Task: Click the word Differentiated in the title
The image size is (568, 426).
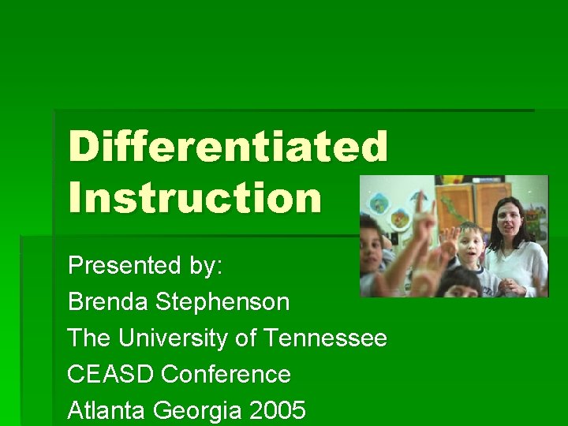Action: pos(228,147)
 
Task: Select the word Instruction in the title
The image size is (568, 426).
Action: pos(195,197)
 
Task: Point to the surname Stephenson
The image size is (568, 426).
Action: pos(222,301)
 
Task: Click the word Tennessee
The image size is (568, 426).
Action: pos(325,338)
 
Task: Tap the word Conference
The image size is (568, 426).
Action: pos(226,374)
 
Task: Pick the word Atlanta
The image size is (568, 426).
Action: pos(106,411)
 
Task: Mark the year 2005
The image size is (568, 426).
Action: pos(277,411)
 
